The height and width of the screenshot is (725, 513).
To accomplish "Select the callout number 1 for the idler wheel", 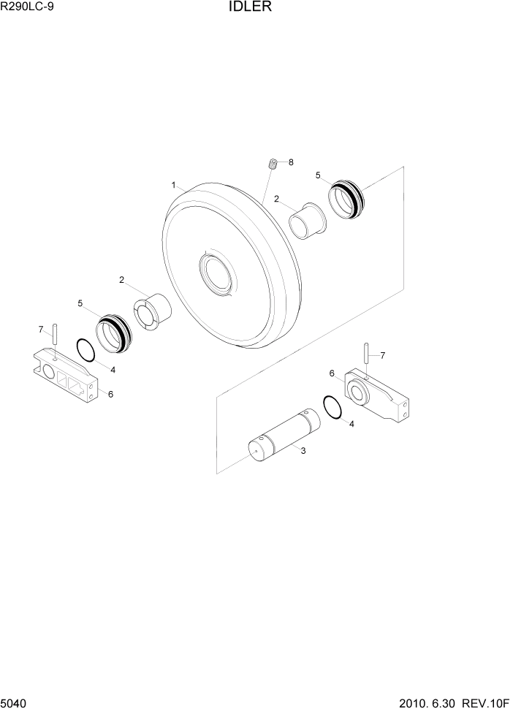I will coord(174,186).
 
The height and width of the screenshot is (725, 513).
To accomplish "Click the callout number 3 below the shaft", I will coord(303,450).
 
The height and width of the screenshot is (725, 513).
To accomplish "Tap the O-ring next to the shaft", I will coord(332,407).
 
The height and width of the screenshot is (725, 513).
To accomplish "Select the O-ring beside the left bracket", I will coord(85,350).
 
